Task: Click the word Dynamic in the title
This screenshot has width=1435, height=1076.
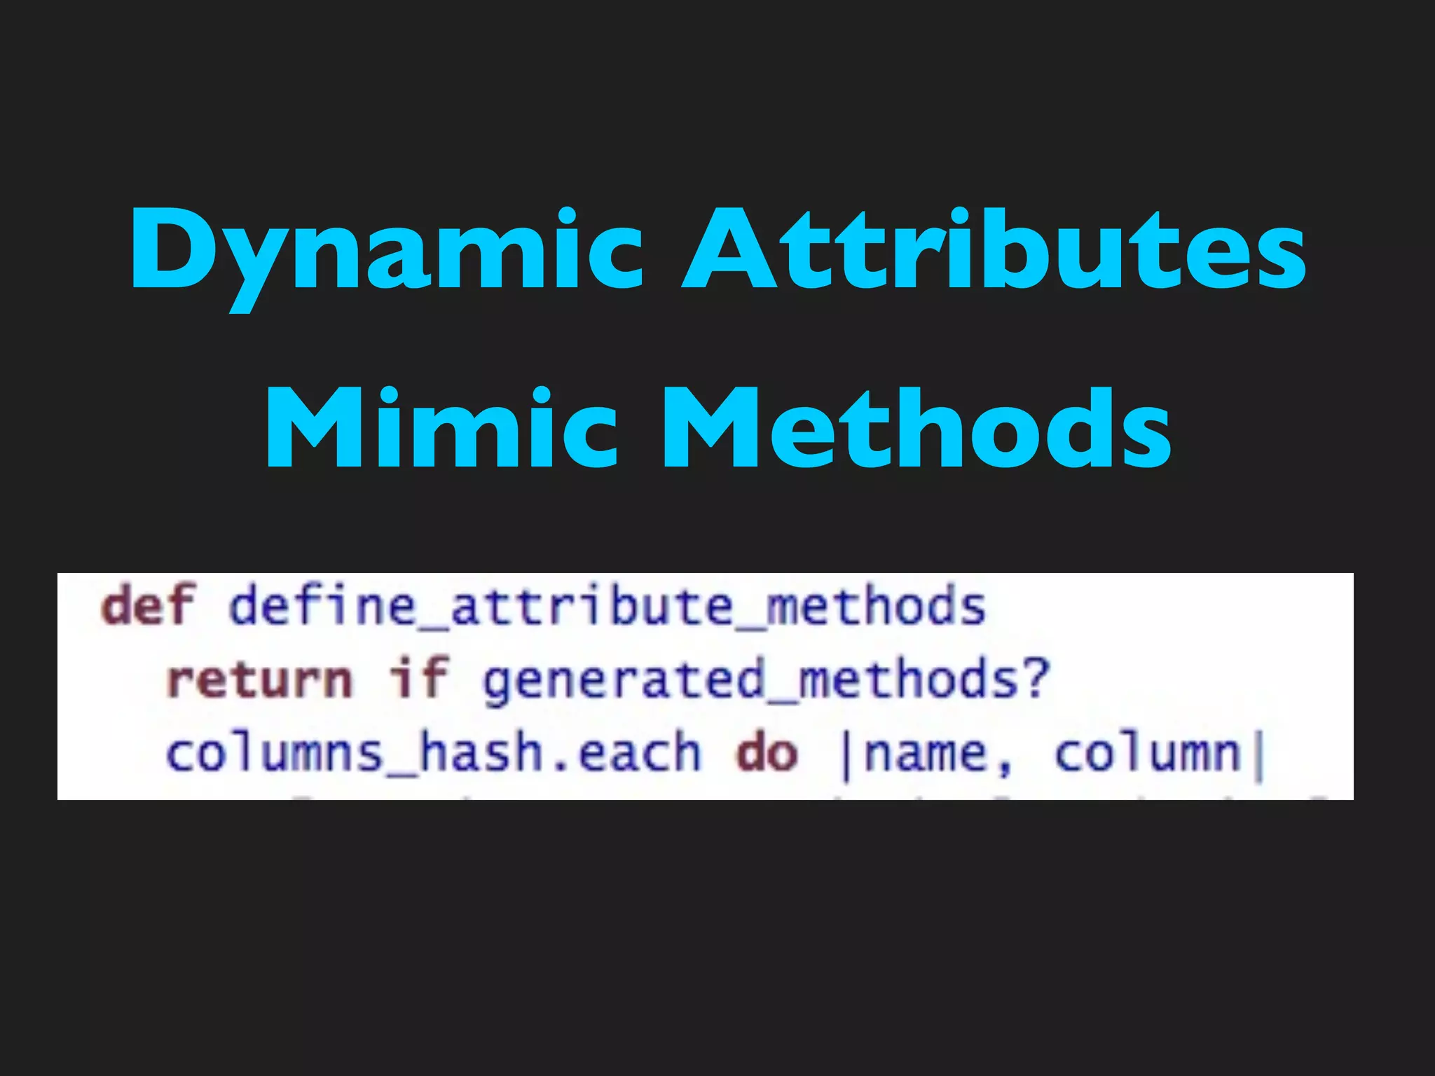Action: [386, 252]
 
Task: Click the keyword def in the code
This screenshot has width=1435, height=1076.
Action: [147, 606]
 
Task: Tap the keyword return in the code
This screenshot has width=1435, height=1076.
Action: [260, 680]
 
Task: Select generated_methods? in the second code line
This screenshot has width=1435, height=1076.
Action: [766, 680]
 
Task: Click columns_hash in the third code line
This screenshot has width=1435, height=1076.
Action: [355, 754]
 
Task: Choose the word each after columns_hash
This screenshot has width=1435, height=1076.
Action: [639, 754]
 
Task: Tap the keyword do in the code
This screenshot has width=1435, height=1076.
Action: [767, 754]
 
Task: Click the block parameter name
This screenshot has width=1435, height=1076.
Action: [924, 755]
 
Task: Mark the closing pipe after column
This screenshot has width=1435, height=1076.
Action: [1259, 757]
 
